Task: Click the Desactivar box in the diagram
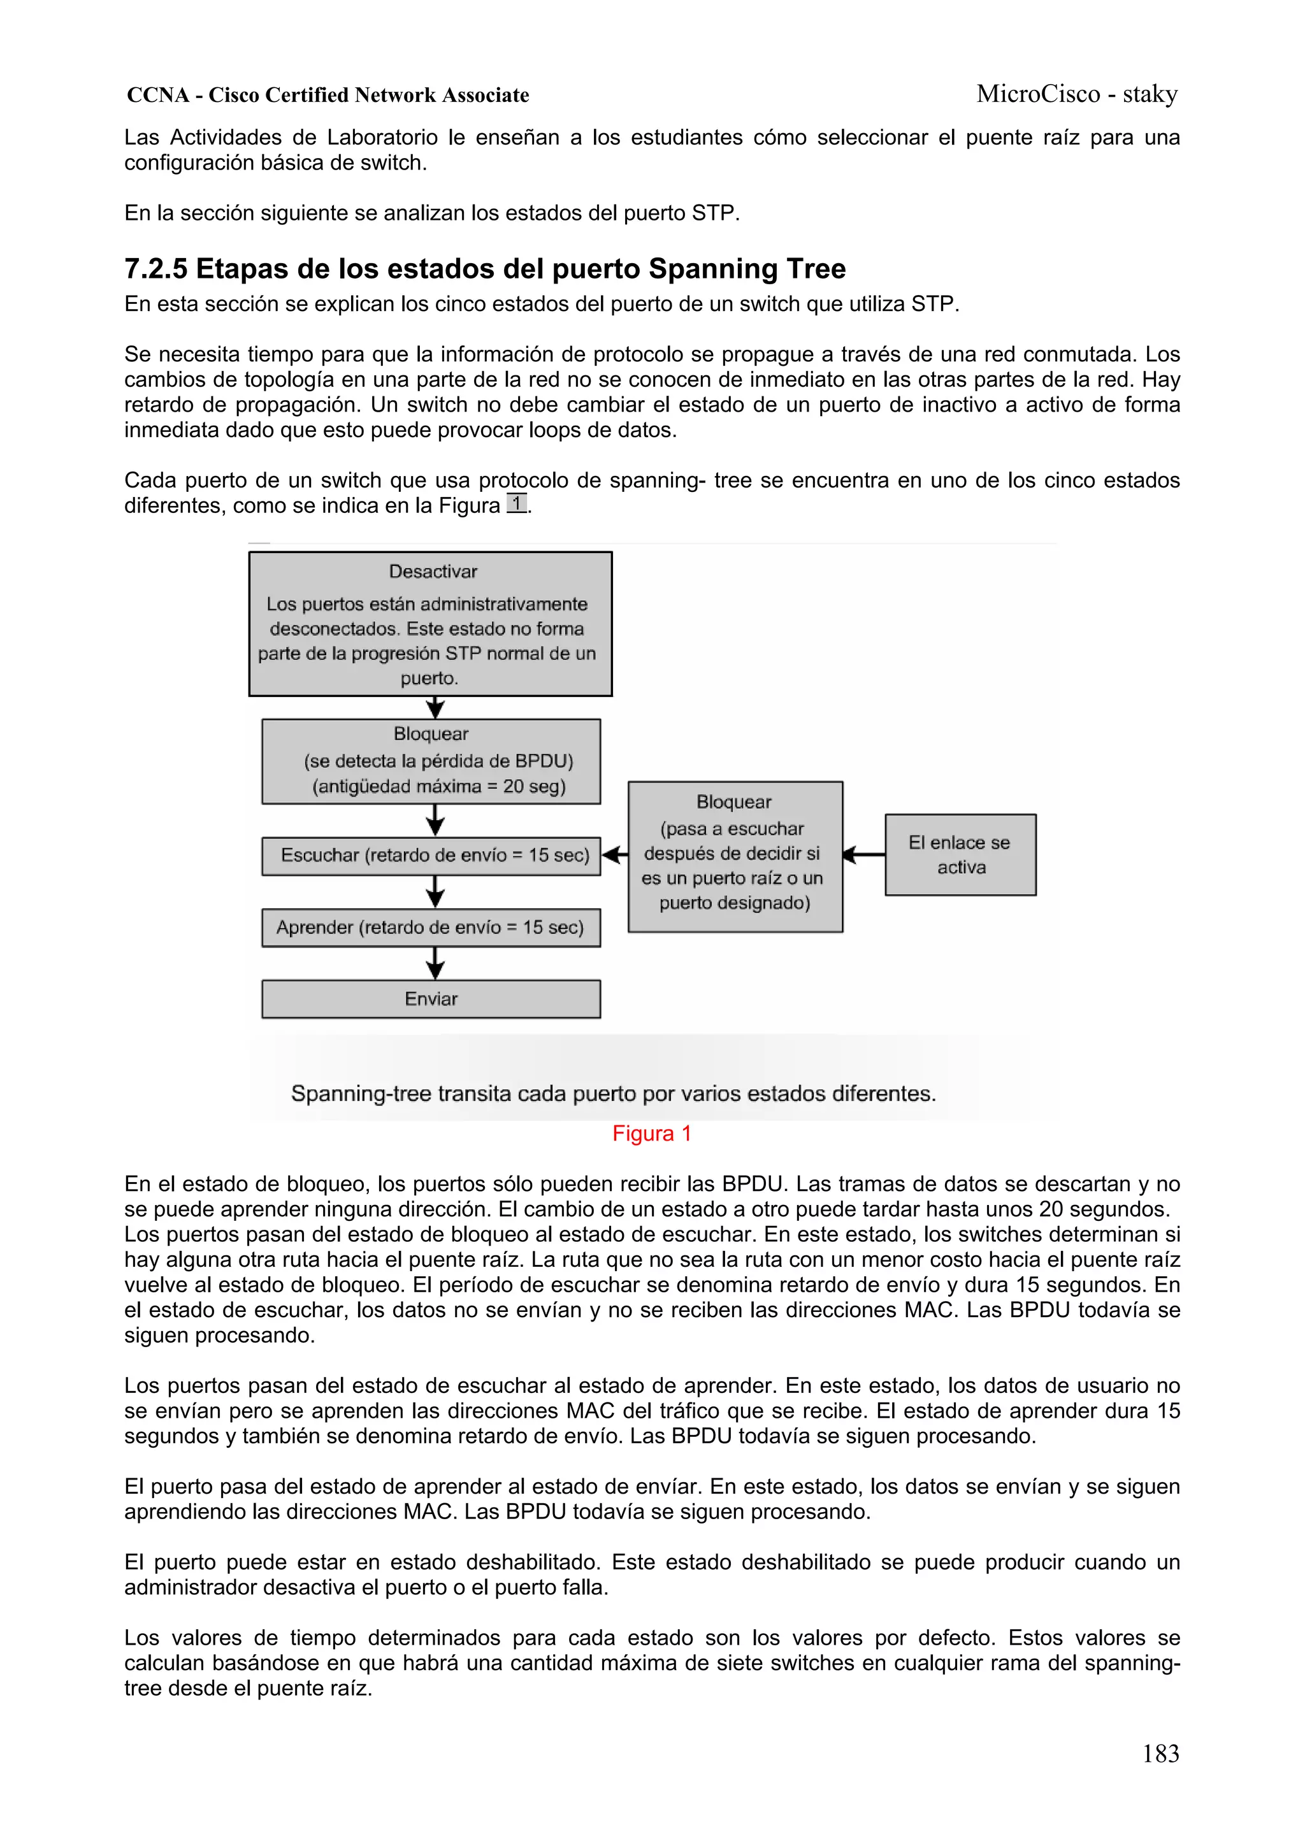pyautogui.click(x=430, y=624)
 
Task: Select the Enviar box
pyautogui.click(x=431, y=999)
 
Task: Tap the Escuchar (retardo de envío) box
pyautogui.click(x=431, y=856)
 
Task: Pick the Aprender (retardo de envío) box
pyautogui.click(x=431, y=928)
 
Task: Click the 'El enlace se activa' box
pyautogui.click(x=960, y=854)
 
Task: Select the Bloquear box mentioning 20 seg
pyautogui.click(x=431, y=761)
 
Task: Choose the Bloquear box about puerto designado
pyautogui.click(x=735, y=856)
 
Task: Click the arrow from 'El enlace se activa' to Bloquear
pyautogui.click(x=863, y=854)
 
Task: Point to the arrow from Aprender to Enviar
pyautogui.click(x=435, y=963)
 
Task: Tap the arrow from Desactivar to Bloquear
pyautogui.click(x=435, y=707)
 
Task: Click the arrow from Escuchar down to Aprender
pyautogui.click(x=435, y=891)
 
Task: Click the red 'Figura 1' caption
pyautogui.click(x=651, y=1134)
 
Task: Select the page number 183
pyautogui.click(x=1160, y=1754)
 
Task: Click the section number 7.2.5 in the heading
pyautogui.click(x=156, y=268)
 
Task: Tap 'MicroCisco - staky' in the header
pyautogui.click(x=1077, y=94)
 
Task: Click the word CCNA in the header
pyautogui.click(x=157, y=96)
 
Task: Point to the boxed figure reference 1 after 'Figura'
pyautogui.click(x=517, y=504)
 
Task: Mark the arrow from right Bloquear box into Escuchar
pyautogui.click(x=615, y=854)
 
